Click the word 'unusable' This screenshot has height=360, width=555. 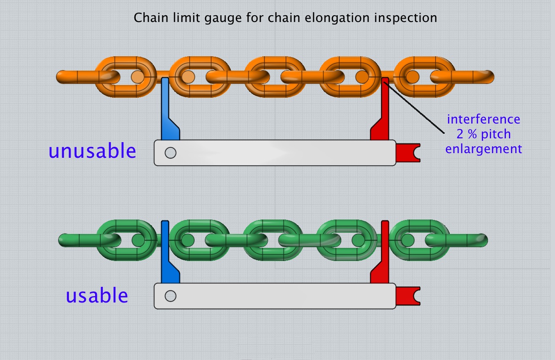point(93,151)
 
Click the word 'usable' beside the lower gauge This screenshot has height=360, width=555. point(97,296)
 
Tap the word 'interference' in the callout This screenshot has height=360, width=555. point(484,119)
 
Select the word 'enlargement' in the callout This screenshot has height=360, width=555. point(484,149)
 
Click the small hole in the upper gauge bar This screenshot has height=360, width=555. point(170,153)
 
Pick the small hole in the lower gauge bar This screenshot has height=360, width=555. point(170,296)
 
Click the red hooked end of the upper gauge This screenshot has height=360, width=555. point(407,153)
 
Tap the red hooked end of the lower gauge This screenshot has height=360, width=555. point(407,296)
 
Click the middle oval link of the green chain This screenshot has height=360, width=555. point(274,224)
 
